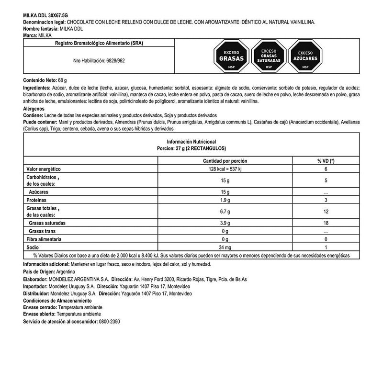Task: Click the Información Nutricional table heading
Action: click(x=191, y=142)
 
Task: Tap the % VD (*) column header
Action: click(x=326, y=161)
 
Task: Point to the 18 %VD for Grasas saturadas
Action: click(x=326, y=223)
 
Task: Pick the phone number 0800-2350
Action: click(x=109, y=322)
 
